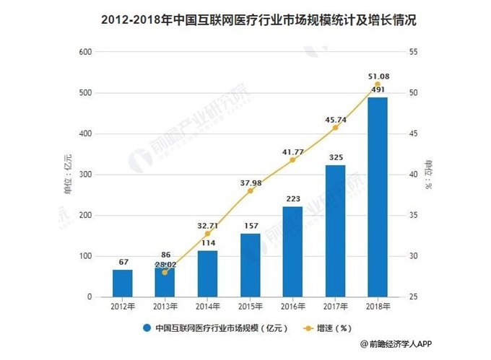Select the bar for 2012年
(x=122, y=284)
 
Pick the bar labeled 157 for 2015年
(x=250, y=265)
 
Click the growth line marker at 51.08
(x=377, y=84)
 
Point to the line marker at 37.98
(x=250, y=191)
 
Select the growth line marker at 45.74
(x=334, y=128)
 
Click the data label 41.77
(x=292, y=151)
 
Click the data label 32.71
(x=208, y=225)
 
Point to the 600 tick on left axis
(x=84, y=53)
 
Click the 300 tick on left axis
(x=84, y=175)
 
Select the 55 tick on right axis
(x=413, y=53)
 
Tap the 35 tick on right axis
(x=413, y=216)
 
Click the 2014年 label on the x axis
(x=207, y=307)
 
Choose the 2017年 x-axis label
(x=334, y=307)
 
